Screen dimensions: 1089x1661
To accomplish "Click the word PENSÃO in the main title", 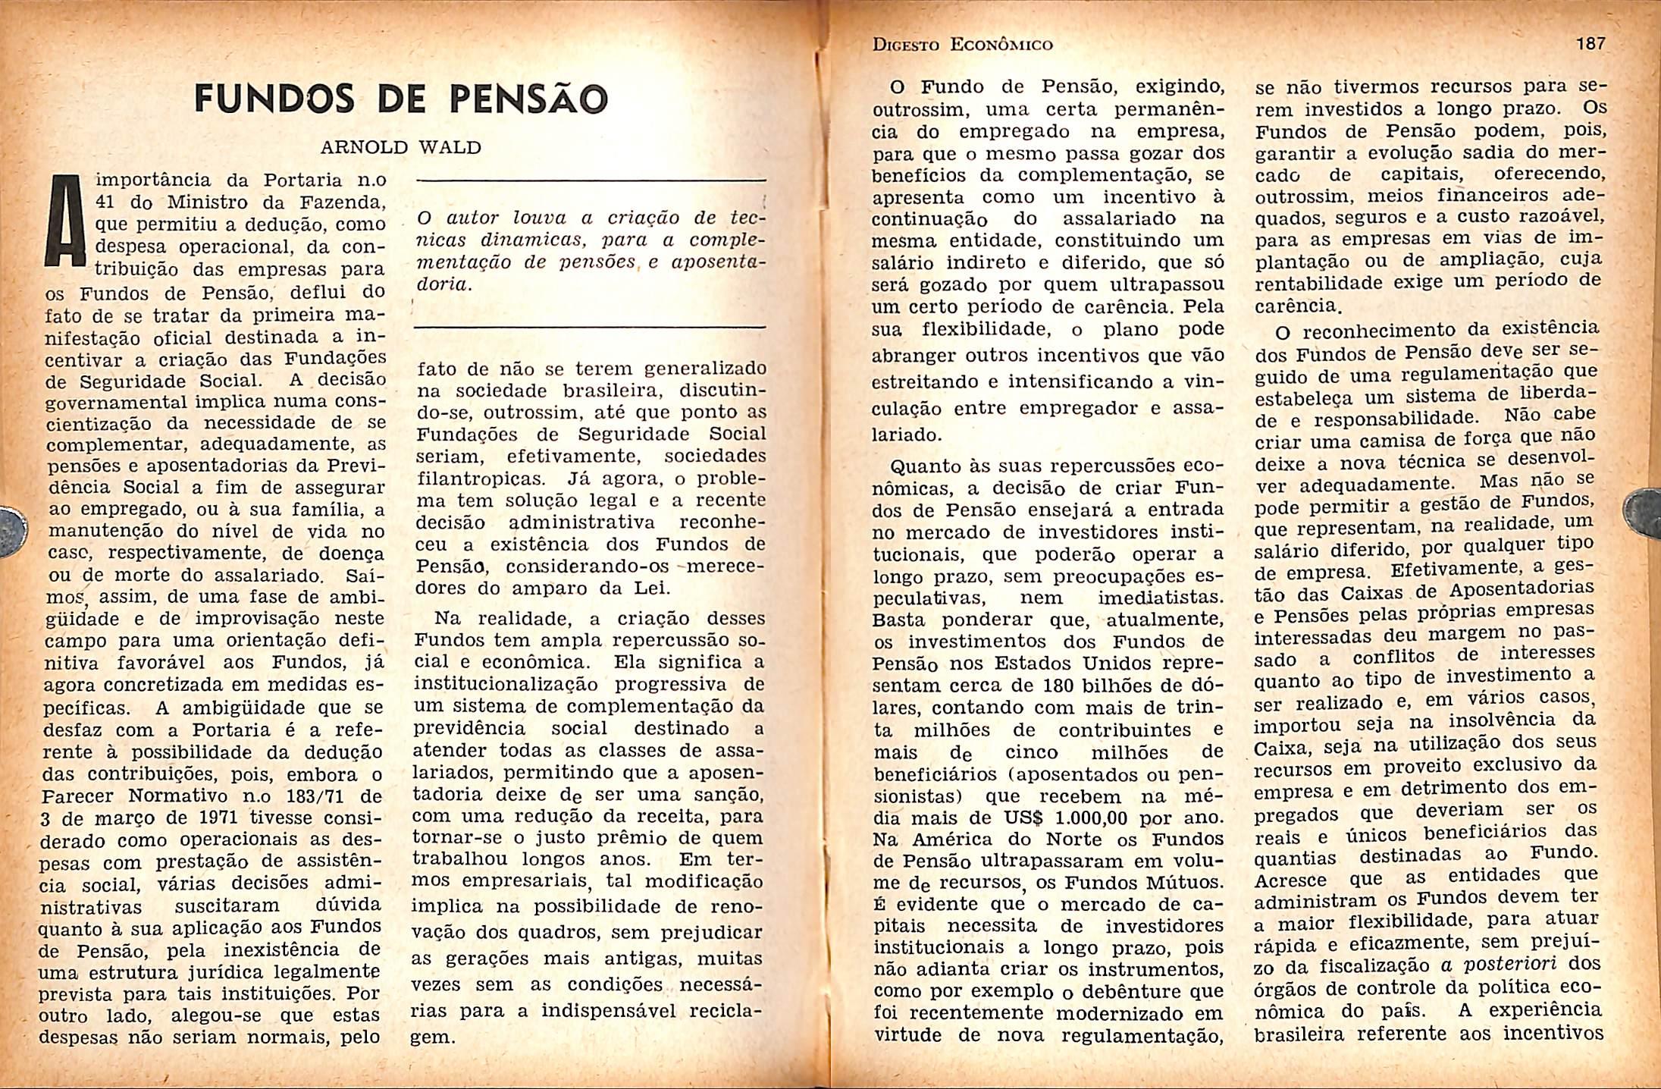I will click(x=528, y=99).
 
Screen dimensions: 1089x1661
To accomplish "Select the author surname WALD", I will click(x=450, y=147).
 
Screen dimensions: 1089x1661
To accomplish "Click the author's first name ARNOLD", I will click(x=364, y=147).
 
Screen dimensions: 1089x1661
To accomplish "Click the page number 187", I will click(x=1590, y=43).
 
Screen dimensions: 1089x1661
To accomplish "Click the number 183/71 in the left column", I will click(x=310, y=797).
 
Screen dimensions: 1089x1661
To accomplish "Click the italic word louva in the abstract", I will click(x=541, y=218).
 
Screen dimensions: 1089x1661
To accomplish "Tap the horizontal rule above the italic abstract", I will click(x=591, y=180).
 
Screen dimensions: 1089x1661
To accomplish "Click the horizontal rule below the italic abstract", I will click(x=589, y=328).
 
